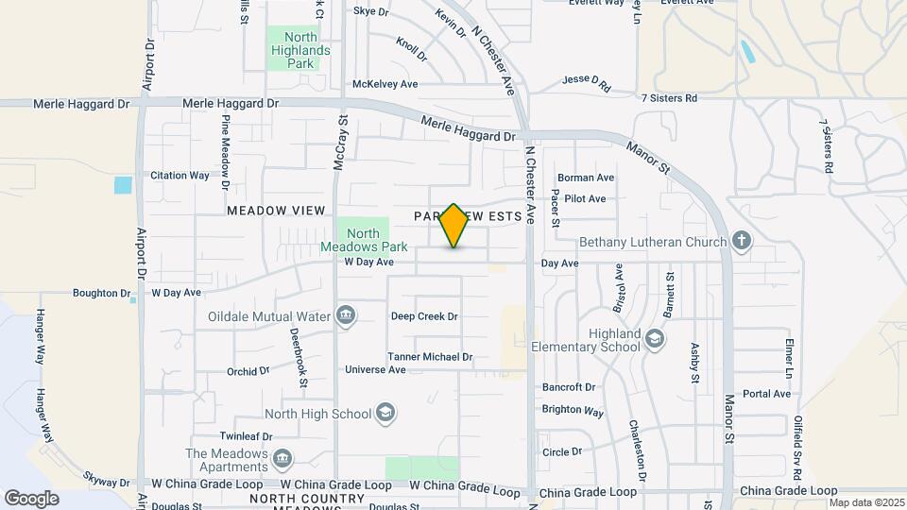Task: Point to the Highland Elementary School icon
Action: (654, 337)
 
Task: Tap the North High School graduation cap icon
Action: (385, 412)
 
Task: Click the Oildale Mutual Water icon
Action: (345, 314)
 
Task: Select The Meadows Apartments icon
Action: (282, 460)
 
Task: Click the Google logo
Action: (31, 498)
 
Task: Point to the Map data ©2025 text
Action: (866, 502)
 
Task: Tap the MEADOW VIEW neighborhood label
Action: (276, 211)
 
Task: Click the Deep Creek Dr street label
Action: (424, 316)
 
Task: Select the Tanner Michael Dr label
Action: (430, 357)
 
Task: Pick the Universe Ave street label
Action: (375, 369)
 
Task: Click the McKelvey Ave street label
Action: (385, 84)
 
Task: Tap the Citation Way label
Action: (180, 176)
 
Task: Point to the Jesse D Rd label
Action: (586, 84)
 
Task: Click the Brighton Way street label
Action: (573, 411)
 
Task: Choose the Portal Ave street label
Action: (766, 394)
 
